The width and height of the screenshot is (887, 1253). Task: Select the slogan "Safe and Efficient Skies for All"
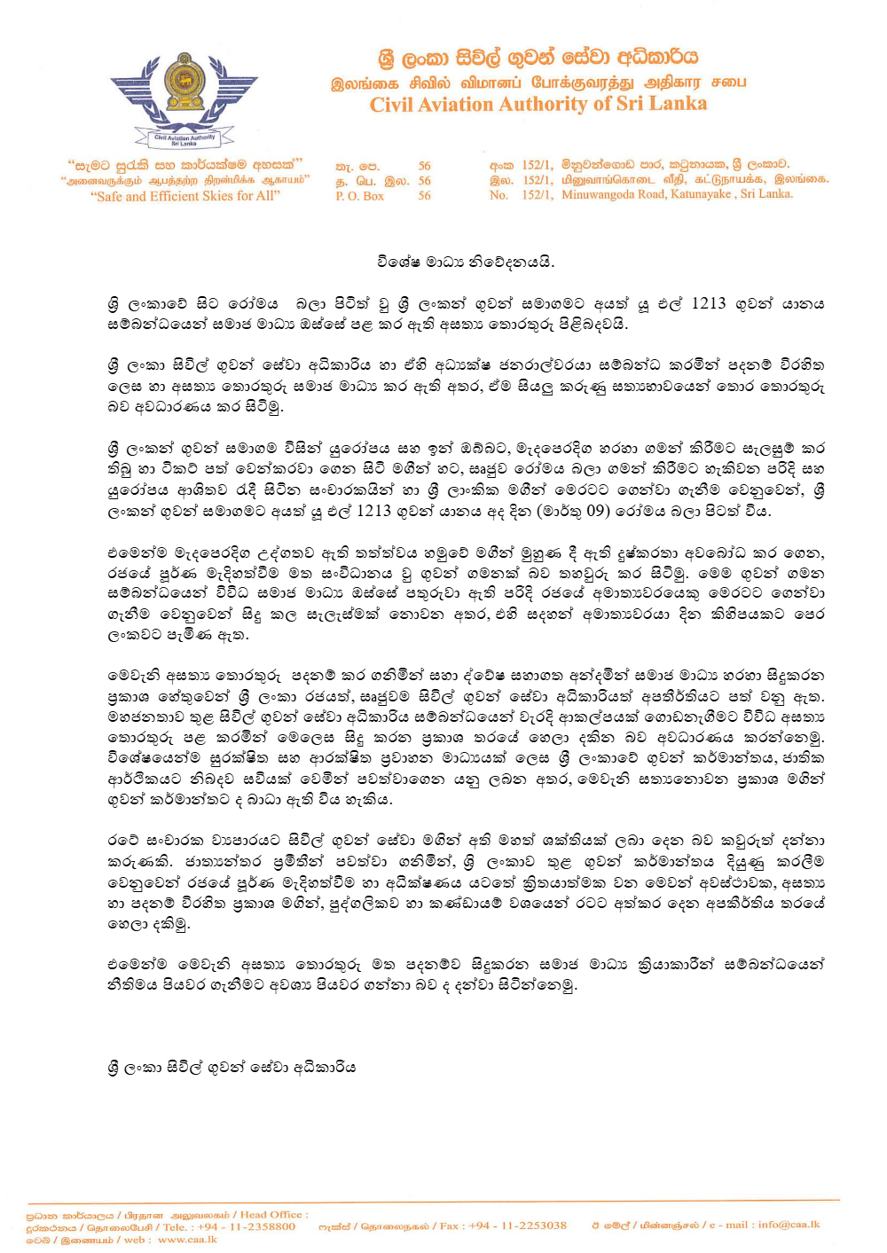pos(185,196)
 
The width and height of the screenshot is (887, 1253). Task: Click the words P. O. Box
pos(359,195)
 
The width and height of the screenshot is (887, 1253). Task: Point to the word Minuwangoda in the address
pos(598,194)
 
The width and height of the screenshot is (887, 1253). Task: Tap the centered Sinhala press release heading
pos(466,262)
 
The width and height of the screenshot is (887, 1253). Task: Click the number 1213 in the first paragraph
pos(709,303)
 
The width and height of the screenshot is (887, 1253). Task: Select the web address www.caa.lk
pos(187,1239)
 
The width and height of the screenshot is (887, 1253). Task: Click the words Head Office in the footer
pos(271,1214)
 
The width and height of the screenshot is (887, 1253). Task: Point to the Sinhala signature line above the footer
pos(232,1067)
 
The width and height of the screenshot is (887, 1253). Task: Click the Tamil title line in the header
pos(538,82)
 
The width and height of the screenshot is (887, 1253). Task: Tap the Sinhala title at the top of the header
pos(538,58)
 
